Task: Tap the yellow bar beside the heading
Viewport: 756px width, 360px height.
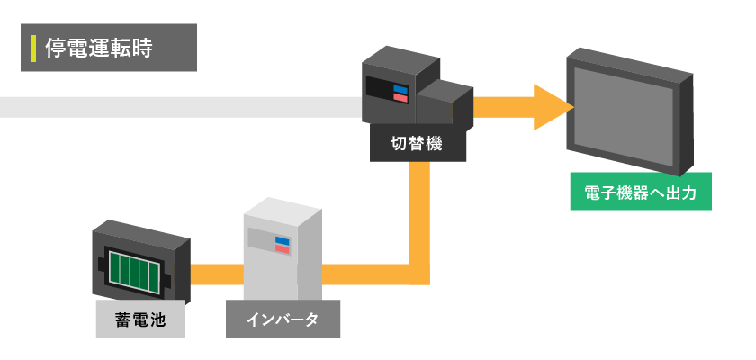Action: pos(33,48)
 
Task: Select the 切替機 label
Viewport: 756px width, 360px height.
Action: pos(418,144)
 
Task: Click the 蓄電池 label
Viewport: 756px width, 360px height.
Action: pos(140,319)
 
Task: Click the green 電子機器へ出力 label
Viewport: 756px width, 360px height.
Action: pos(641,192)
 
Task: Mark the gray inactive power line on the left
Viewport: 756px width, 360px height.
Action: pos(180,108)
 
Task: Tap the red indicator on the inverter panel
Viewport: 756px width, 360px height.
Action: pos(283,249)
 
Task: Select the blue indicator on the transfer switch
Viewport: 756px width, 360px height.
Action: pos(400,89)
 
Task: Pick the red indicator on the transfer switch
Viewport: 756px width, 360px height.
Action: pos(400,97)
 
